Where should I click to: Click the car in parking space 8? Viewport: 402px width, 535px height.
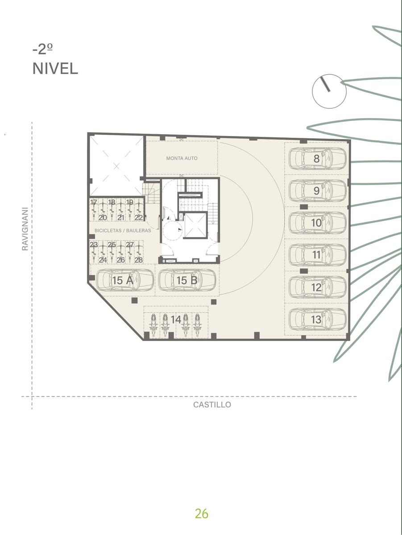click(318, 159)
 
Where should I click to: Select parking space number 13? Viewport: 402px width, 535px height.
click(316, 319)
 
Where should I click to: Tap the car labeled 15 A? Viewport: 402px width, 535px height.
click(124, 280)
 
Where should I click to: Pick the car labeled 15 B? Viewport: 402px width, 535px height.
click(187, 280)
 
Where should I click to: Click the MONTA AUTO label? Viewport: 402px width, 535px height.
click(182, 158)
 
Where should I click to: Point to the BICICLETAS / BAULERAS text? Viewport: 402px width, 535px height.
click(123, 230)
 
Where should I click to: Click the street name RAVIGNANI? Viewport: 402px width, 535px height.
click(25, 229)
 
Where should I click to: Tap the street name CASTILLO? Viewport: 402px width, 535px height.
click(212, 405)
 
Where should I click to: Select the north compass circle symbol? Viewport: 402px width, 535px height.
click(329, 91)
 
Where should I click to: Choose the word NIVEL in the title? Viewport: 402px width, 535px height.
click(55, 69)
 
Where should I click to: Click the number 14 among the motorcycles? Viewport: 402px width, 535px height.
click(176, 320)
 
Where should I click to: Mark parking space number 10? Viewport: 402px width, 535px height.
click(316, 223)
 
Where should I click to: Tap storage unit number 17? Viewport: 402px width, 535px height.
click(94, 202)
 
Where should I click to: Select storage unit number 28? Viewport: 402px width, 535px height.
click(139, 260)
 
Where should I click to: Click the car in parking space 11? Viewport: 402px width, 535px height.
click(318, 255)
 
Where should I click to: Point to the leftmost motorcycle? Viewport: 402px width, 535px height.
click(153, 325)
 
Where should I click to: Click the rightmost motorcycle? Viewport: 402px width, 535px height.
click(197, 325)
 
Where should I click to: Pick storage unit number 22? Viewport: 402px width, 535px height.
click(139, 218)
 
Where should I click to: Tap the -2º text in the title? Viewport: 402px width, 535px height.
click(43, 49)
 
